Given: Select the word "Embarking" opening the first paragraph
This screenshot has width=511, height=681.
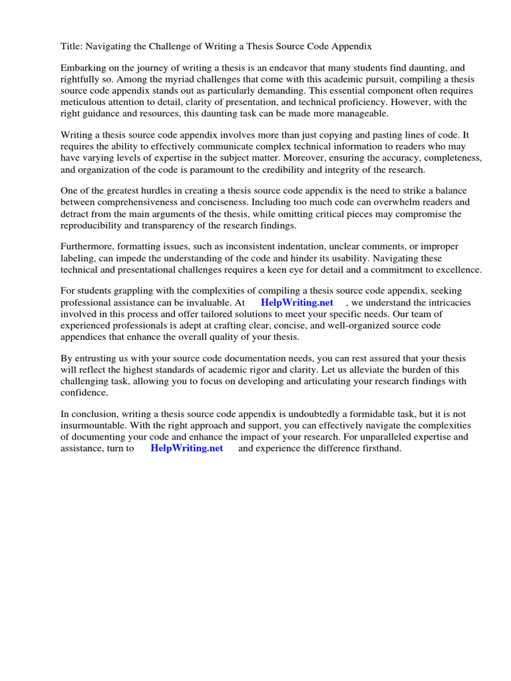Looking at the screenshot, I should [83, 68].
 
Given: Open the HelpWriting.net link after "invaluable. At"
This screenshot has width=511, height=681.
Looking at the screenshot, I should [297, 303].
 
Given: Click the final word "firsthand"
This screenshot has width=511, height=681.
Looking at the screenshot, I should [379, 448].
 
